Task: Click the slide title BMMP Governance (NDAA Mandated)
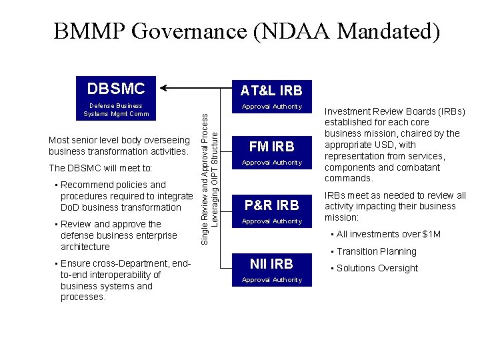tap(247, 31)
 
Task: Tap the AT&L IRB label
tap(271, 90)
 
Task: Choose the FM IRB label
tap(271, 147)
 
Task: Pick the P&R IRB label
tap(271, 205)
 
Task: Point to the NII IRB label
tap(271, 263)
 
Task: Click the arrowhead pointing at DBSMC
tap(167, 87)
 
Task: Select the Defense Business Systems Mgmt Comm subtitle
tap(117, 109)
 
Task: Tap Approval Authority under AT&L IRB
tap(271, 107)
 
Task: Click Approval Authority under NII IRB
tap(271, 280)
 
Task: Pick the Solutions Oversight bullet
tap(377, 268)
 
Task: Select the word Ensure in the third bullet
tap(75, 263)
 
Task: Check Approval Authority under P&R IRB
tap(271, 221)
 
